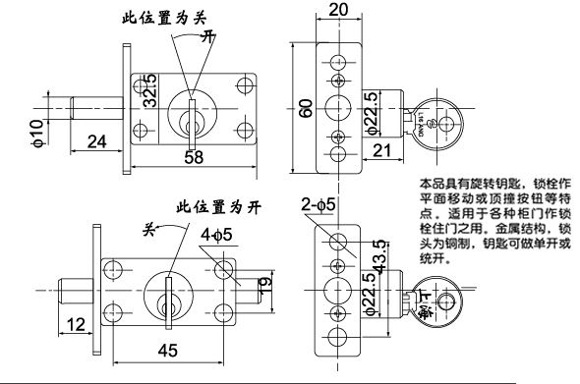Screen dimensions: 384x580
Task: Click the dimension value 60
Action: coord(307,107)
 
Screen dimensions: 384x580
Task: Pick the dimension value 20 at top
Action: coord(338,10)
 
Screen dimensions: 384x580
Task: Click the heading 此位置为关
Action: coord(165,17)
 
